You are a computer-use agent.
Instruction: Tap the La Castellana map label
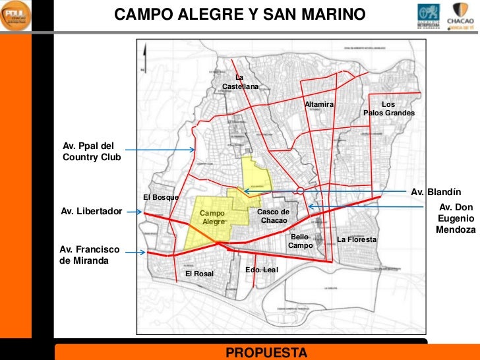(239, 82)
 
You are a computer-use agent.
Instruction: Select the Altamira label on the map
(319, 105)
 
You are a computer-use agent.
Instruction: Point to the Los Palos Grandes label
(389, 109)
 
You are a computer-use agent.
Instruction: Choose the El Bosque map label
(160, 198)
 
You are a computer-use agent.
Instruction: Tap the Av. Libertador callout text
(91, 212)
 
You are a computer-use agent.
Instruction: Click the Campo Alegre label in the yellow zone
(213, 218)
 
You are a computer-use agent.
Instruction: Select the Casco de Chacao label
(273, 215)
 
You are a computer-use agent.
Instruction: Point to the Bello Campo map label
(299, 241)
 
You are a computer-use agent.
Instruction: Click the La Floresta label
(357, 239)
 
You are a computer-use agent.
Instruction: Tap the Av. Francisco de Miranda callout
(89, 255)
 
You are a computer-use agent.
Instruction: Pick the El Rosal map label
(199, 273)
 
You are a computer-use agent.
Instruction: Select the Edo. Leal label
(262, 270)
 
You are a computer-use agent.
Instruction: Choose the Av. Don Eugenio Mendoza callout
(456, 218)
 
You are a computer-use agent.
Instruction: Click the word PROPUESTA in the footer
(266, 352)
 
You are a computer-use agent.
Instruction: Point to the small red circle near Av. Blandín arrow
(300, 191)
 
